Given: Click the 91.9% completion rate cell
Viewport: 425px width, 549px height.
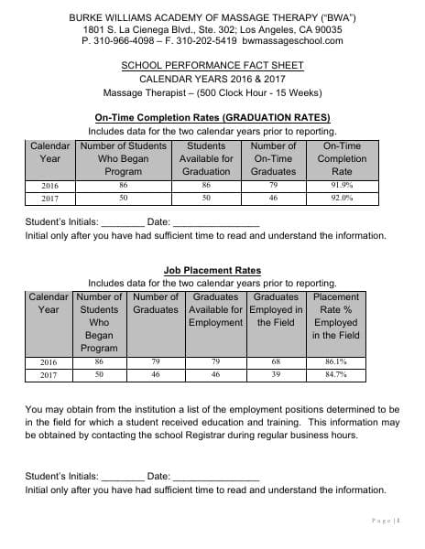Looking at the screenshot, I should (342, 184).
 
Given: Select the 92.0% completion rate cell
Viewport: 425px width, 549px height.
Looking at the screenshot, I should (342, 197).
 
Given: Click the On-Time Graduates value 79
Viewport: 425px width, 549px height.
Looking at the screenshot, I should (273, 184).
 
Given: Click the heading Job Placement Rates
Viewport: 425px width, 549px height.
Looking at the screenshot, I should (212, 271).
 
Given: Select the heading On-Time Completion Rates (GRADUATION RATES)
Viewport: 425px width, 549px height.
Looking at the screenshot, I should (212, 118).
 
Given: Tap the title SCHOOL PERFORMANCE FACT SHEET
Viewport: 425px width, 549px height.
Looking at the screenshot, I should (212, 66).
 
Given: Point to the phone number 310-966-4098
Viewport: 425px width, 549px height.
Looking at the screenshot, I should (124, 41).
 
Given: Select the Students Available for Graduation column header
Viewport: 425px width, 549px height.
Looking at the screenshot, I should (206, 158).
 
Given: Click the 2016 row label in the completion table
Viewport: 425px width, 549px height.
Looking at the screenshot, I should (49, 184).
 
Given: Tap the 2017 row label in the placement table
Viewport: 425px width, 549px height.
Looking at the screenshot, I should (49, 374).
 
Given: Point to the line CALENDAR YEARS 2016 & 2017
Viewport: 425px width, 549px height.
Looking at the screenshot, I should (212, 79).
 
